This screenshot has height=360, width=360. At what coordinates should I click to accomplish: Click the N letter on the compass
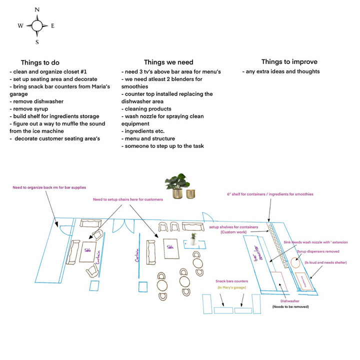[37, 9]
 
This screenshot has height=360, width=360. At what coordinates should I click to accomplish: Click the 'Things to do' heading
[40, 62]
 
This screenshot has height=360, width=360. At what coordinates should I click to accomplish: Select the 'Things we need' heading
[168, 62]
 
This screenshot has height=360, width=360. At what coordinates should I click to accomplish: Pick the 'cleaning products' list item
[148, 108]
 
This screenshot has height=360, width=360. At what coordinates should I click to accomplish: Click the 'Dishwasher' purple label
[289, 301]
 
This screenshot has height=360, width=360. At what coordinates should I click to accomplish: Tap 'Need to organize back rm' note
[49, 187]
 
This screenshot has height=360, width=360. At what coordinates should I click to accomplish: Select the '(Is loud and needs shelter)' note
[325, 262]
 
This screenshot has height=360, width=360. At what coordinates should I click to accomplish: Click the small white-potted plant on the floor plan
[193, 239]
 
